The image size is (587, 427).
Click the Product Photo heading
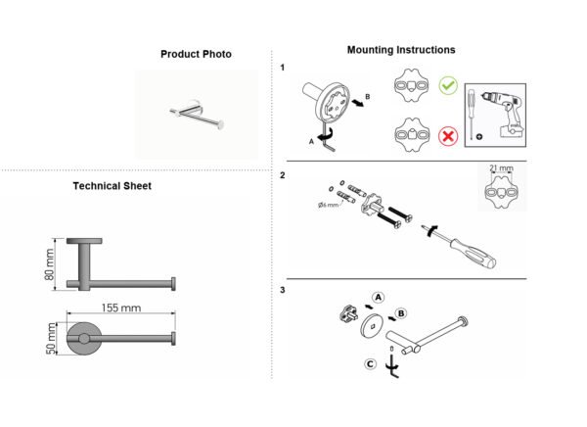(196, 55)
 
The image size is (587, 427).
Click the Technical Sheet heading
(112, 186)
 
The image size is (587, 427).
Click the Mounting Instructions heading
(401, 50)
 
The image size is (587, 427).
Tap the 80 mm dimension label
(49, 264)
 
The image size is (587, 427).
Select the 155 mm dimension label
(121, 308)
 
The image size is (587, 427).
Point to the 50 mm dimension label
(51, 339)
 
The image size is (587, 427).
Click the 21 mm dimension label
(501, 167)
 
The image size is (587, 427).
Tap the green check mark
(448, 85)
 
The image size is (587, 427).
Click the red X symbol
(448, 136)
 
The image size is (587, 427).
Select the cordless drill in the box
(502, 114)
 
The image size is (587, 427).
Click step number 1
(283, 68)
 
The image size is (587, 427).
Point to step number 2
(283, 175)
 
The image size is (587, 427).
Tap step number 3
(283, 290)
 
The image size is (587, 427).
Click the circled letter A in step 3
(379, 298)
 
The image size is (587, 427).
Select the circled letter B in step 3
(401, 313)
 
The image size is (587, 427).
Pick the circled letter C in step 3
(370, 364)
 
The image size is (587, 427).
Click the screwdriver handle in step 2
(473, 254)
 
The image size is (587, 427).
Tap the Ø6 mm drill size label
(328, 205)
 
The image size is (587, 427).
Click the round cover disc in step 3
(372, 326)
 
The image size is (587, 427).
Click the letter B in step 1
(367, 97)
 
